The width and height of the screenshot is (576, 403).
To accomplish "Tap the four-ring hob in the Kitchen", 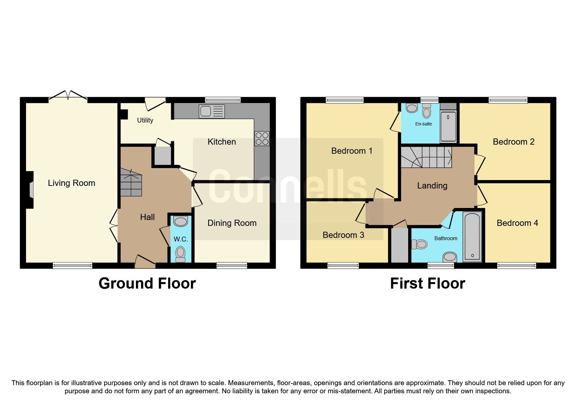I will pos(262,138).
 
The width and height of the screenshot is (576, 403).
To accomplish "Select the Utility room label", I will pos(145,120).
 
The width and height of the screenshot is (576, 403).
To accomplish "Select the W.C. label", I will pos(181,239).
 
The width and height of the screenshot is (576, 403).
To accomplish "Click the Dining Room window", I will pos(232,266).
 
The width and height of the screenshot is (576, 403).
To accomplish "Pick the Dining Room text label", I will pos(232,223).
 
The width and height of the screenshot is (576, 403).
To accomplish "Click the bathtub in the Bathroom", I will pos(472,237).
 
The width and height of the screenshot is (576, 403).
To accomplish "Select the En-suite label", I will pos(423,124).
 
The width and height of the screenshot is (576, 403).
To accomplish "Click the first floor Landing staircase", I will pos(426,157).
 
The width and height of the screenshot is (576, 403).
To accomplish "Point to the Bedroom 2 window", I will pos(508,100).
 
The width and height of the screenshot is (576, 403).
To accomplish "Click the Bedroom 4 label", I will pos(517,223).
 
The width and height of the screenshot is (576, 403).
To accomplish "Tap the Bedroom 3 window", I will pos(343,266).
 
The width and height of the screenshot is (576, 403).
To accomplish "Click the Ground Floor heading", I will pos(147,283).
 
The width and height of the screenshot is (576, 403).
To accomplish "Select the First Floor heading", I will pos(427,283).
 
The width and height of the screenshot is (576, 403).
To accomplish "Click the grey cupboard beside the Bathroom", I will pos(399,245).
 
